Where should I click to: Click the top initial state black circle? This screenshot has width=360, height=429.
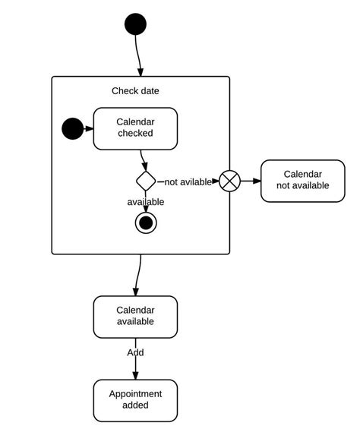click(135, 24)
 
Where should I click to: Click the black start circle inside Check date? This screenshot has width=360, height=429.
click(73, 128)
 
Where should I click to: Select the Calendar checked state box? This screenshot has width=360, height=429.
click(135, 128)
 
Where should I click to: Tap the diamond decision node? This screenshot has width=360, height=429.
click(146, 181)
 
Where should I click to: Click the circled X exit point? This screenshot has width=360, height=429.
click(229, 181)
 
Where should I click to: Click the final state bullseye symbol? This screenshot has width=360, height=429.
click(146, 222)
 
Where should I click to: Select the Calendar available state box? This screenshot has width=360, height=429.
click(135, 316)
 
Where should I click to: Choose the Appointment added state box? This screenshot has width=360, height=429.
click(135, 399)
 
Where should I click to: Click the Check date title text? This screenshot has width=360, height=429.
click(135, 91)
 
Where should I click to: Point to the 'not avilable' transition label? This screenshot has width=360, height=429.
click(188, 181)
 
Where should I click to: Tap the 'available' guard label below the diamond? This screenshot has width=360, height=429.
click(146, 202)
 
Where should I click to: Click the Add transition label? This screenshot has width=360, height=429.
click(135, 352)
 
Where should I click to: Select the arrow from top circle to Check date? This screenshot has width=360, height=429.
click(139, 55)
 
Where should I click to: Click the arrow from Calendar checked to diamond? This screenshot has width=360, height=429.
click(143, 159)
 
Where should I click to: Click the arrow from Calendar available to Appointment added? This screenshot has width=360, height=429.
click(136, 367)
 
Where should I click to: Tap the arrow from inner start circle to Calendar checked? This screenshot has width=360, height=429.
click(88, 128)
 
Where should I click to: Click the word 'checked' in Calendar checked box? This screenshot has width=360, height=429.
click(135, 134)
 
